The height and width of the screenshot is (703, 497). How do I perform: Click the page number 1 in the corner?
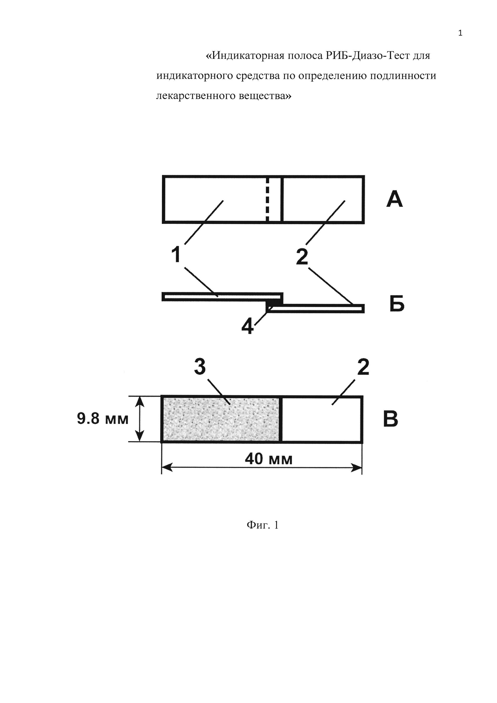point(460,33)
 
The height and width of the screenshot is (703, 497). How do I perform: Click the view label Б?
point(397,303)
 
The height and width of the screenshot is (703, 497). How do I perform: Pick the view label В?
point(391,419)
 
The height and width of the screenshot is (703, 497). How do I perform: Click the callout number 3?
point(200,367)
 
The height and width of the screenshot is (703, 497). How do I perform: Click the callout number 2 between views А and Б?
point(302,257)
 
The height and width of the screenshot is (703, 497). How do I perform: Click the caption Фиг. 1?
point(263,525)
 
